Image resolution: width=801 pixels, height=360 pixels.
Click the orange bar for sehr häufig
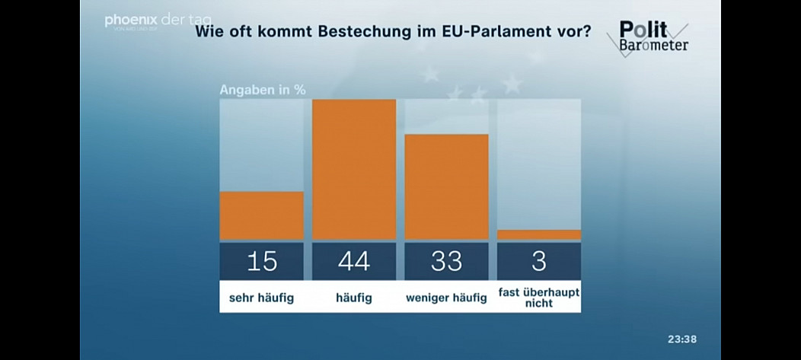click(x=261, y=215)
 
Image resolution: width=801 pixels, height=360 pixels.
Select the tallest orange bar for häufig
click(x=354, y=169)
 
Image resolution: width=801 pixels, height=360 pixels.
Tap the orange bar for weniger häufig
click(x=446, y=186)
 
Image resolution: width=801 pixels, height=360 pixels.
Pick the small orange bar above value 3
click(x=539, y=234)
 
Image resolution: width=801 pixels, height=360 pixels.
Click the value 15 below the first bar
click(x=261, y=262)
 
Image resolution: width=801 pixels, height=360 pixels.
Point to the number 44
click(x=354, y=262)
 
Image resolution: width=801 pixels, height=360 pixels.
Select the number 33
click(x=446, y=262)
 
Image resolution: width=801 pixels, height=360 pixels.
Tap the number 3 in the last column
click(x=539, y=262)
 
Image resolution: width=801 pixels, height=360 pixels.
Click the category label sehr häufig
click(x=261, y=298)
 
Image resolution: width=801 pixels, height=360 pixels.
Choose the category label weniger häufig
click(x=446, y=298)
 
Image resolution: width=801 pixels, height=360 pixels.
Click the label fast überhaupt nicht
click(x=539, y=298)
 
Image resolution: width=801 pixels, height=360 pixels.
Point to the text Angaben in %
click(x=263, y=89)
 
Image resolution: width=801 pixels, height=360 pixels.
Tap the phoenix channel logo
click(x=132, y=21)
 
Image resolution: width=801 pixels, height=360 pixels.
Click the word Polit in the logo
click(x=643, y=30)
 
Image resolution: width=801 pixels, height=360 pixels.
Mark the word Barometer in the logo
click(x=653, y=45)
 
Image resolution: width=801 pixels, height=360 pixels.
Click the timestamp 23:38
click(x=682, y=339)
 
